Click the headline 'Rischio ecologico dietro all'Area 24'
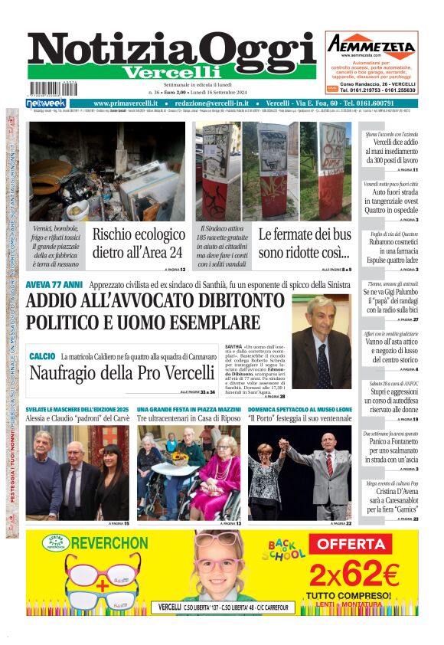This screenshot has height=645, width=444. click(138, 244)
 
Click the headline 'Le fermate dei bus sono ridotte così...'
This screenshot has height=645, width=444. click(304, 244)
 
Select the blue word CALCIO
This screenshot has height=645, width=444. click(42, 356)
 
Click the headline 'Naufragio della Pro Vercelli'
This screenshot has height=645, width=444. click(122, 373)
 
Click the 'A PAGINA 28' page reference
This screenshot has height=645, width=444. click(274, 397)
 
